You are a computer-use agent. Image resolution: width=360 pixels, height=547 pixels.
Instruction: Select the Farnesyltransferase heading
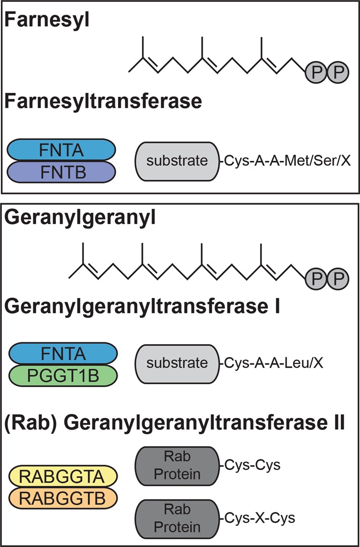coord(103,102)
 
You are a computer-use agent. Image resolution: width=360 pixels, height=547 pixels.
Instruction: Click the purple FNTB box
coord(62,171)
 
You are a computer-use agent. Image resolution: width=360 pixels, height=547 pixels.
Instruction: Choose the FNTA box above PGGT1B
coord(62,354)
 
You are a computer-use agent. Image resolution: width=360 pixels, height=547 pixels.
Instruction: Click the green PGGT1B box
coord(62,375)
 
